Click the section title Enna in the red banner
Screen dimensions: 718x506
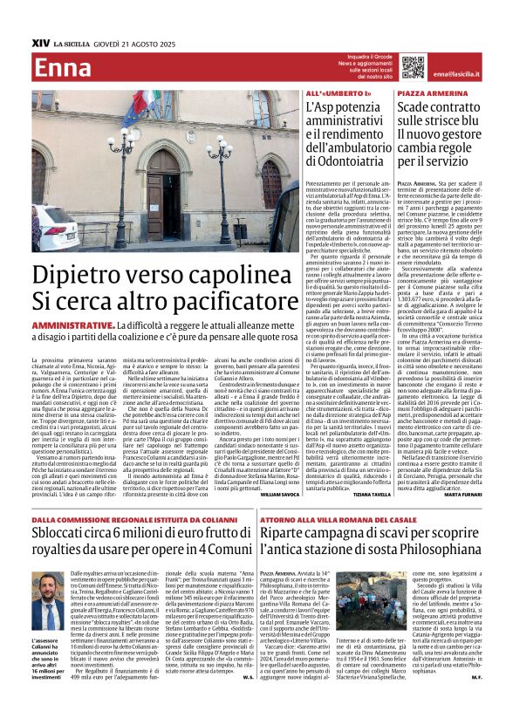[64, 68]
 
